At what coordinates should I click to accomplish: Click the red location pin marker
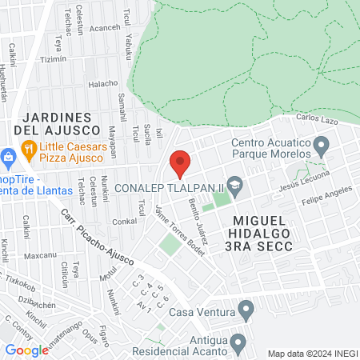point(180,162)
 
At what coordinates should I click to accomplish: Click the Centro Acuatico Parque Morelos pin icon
point(322,146)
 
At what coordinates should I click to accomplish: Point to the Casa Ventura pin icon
point(246,308)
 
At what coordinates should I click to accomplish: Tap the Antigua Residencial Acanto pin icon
point(238,343)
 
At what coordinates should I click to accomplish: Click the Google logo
point(26,350)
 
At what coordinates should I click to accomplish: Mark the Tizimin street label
point(54,59)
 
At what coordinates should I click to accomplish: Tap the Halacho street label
point(102,82)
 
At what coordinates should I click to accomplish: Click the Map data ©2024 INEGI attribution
point(312,353)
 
